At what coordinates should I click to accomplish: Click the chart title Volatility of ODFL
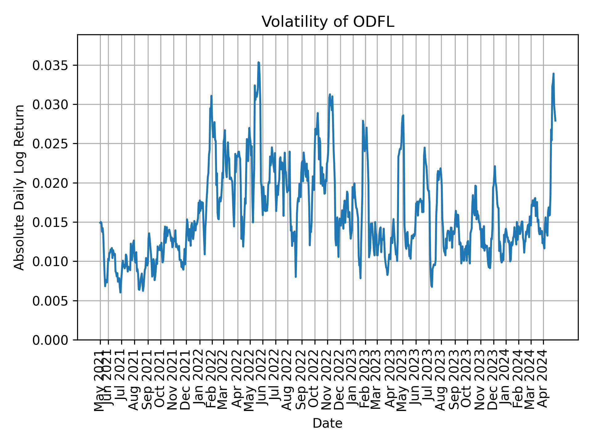pos(328,22)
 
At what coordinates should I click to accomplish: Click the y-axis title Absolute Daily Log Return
pos(20,187)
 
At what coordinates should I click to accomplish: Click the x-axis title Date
pos(327,423)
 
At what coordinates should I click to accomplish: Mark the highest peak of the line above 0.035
pos(259,63)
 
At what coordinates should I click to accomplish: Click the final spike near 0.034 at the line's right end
pos(553,74)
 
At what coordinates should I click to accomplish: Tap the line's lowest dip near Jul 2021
pos(120,292)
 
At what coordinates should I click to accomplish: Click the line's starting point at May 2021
pos(100,222)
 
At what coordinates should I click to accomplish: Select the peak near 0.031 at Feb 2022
pos(211,96)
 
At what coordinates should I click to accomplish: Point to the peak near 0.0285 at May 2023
pos(403,116)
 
